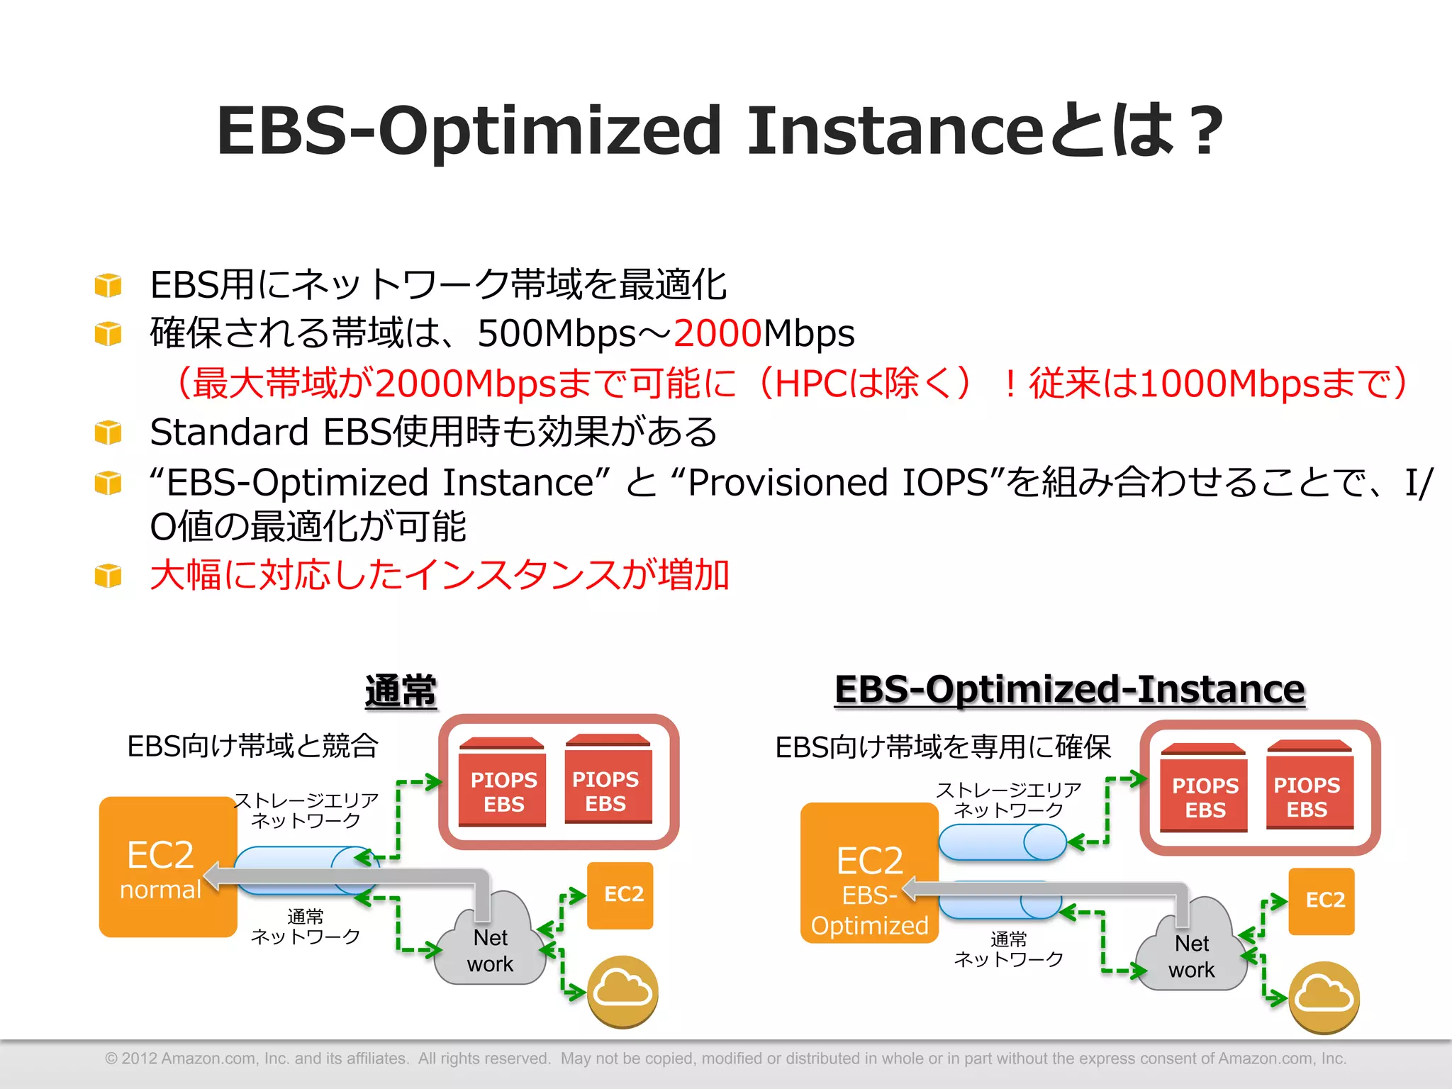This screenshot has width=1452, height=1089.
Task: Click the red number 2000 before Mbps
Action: (717, 333)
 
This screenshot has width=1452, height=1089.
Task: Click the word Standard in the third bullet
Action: (229, 432)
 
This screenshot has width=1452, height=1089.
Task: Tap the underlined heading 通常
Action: (401, 691)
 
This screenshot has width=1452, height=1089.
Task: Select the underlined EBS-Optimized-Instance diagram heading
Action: (1069, 689)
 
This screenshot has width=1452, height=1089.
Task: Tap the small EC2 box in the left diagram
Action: (621, 895)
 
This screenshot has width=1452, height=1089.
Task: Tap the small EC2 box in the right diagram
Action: (1322, 900)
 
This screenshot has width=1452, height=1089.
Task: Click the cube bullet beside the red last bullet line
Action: (108, 575)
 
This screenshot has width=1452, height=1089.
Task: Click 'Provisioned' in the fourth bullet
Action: (787, 483)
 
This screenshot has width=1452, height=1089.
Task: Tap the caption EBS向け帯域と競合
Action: (252, 746)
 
